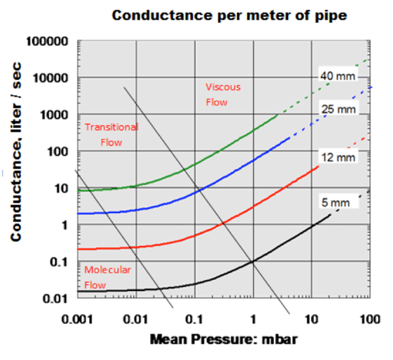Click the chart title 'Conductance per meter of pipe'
tap(229, 15)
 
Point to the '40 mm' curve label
tap(338, 76)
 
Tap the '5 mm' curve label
tap(339, 203)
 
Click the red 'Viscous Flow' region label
tap(223, 94)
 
